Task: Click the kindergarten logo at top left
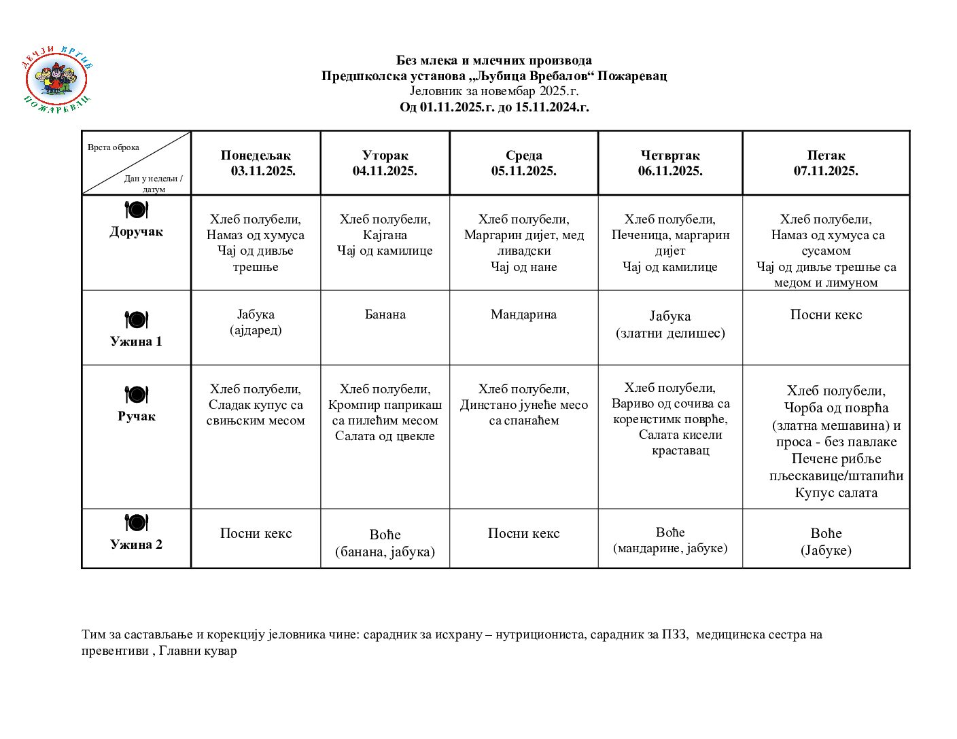[x=57, y=80]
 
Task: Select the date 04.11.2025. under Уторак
[x=385, y=171]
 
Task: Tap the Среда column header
[x=523, y=156]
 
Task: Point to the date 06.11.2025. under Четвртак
[x=670, y=171]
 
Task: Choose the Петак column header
[x=826, y=156]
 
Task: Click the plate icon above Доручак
[x=136, y=210]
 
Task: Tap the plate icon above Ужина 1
[x=136, y=319]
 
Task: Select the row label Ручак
[x=136, y=416]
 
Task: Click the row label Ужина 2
[x=136, y=544]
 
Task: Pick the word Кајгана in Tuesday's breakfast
[x=385, y=235]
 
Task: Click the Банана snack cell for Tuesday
[x=385, y=314]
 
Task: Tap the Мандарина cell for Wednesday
[x=523, y=314]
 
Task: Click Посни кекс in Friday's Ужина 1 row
[x=826, y=314]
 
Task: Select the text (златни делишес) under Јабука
[x=670, y=333]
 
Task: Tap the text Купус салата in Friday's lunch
[x=836, y=492]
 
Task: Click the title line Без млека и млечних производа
[x=493, y=60]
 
